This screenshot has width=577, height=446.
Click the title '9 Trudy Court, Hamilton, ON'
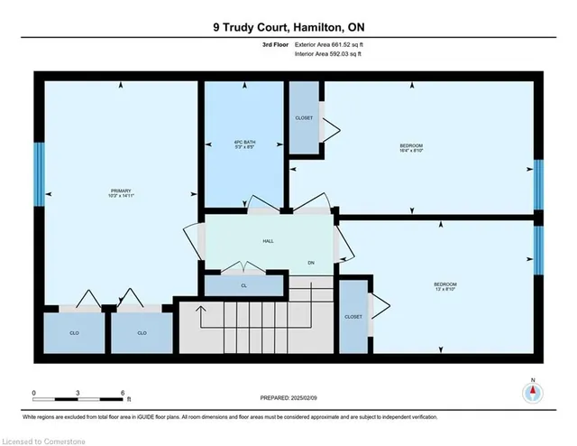pyautogui.click(x=288, y=27)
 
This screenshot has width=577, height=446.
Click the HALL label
pyautogui.click(x=268, y=242)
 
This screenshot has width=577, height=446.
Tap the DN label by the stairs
pyautogui.click(x=310, y=263)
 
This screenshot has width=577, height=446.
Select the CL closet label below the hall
pyautogui.click(x=244, y=285)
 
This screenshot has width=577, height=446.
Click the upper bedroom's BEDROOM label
pyautogui.click(x=412, y=148)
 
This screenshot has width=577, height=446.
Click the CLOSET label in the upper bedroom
pyautogui.click(x=304, y=118)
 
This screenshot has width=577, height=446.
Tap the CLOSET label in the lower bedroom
pyautogui.click(x=353, y=317)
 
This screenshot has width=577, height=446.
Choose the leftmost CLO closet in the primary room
pyautogui.click(x=75, y=333)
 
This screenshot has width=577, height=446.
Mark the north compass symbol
pyautogui.click(x=534, y=393)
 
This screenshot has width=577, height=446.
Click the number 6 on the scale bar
pyautogui.click(x=123, y=393)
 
